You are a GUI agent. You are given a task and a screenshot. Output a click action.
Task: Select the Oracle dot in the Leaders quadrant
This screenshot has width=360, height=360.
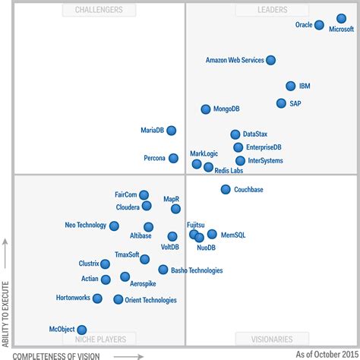coord(319,25)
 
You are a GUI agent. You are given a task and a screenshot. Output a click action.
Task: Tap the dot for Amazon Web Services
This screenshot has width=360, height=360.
coord(271,60)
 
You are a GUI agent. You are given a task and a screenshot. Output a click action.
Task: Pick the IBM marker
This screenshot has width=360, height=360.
coord(291,87)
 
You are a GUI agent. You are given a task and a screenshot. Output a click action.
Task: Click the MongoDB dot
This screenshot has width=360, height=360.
coord(206,109)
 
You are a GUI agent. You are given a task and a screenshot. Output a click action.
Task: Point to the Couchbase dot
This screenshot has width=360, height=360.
coord(226,189)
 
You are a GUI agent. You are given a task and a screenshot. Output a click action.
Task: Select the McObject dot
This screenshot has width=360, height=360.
coord(82,330)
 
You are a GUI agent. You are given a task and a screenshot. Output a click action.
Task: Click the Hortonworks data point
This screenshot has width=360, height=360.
coord(97,298)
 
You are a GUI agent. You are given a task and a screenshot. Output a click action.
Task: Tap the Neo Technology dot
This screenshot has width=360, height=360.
coord(114,226)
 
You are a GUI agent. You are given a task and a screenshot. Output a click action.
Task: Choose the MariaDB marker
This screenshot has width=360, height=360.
coord(172,131)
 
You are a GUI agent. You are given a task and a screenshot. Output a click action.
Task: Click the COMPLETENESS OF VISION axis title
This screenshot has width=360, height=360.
coord(66,355)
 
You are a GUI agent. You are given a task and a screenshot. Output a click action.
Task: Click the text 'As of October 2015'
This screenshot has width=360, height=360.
coord(324,354)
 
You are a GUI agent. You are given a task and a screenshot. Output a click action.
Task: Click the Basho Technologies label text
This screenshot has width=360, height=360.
coord(197,270)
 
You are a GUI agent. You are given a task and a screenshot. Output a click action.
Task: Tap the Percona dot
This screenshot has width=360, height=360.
coord(174,158)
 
